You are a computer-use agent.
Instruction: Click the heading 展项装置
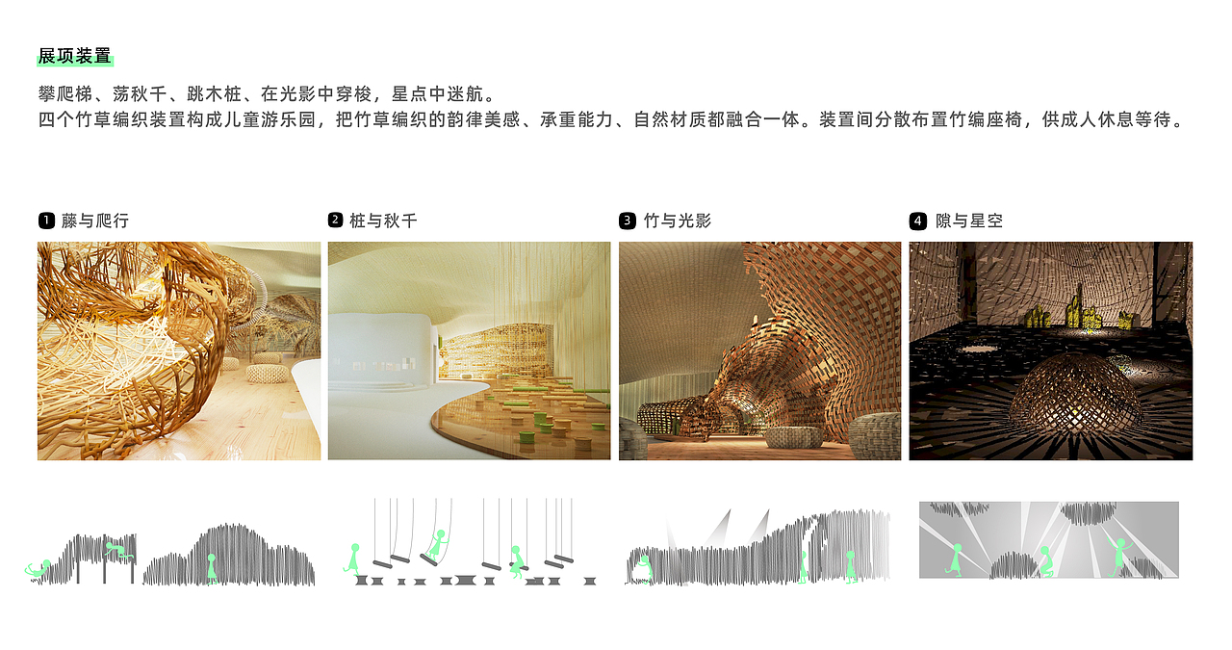(x=74, y=56)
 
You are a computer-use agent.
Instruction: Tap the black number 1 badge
(x=45, y=221)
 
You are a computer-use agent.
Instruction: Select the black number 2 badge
(x=335, y=221)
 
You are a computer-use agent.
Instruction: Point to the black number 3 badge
(x=627, y=221)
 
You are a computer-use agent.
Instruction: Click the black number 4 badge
(x=917, y=221)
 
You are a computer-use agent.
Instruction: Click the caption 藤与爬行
(x=94, y=221)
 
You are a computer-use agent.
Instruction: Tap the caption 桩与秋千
(x=383, y=221)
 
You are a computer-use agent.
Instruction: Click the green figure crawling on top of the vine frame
(x=118, y=551)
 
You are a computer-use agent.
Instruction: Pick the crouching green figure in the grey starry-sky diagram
(x=1044, y=561)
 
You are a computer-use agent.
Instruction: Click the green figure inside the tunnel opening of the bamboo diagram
(x=642, y=568)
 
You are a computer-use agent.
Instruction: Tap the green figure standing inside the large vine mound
(x=212, y=568)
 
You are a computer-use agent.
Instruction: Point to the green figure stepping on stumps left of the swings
(x=353, y=559)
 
